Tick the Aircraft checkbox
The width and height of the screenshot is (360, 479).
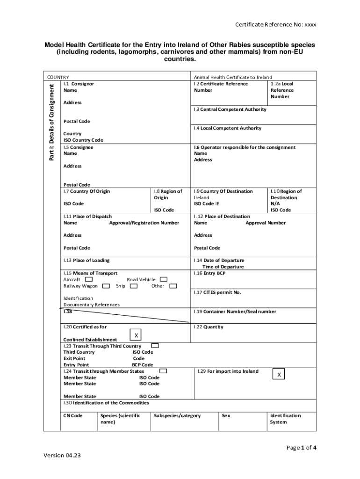pyautogui.click(x=89, y=279)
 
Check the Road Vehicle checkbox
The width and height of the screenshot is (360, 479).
pyautogui.click(x=163, y=279)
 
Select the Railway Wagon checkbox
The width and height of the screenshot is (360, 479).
pyautogui.click(x=106, y=286)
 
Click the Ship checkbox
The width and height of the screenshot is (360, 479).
pyautogui.click(x=134, y=286)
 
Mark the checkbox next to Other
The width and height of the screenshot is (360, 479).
pyautogui.click(x=173, y=286)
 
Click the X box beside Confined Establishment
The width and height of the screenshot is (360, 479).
pyautogui.click(x=136, y=335)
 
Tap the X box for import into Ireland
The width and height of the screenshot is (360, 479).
pyautogui.click(x=279, y=375)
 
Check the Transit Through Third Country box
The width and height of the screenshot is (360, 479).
pyautogui.click(x=155, y=346)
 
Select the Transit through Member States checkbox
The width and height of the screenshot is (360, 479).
pyautogui.click(x=163, y=371)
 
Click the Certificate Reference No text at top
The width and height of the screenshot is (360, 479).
pyautogui.click(x=275, y=24)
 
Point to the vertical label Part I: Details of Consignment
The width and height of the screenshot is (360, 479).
pyautogui.click(x=52, y=121)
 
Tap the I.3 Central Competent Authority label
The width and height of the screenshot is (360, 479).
pyautogui.click(x=230, y=109)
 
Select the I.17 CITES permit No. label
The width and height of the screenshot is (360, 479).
pyautogui.click(x=217, y=292)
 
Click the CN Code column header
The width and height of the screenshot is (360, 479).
pyautogui.click(x=73, y=415)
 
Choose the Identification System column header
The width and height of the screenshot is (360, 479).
pyautogui.click(x=285, y=419)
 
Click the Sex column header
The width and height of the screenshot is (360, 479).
pyautogui.click(x=226, y=415)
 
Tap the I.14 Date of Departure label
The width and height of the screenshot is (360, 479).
pyautogui.click(x=219, y=260)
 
